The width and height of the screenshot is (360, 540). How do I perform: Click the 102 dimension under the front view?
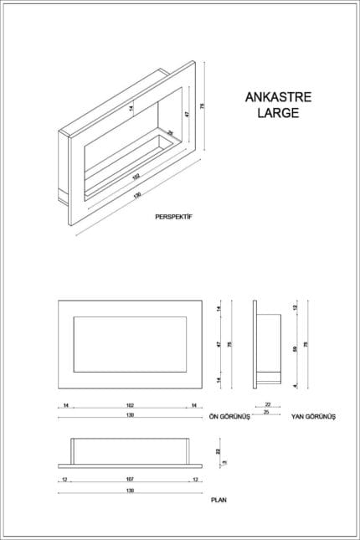128,406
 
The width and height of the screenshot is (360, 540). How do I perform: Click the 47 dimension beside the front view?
218,345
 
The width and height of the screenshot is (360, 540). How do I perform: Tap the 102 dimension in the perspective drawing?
135,177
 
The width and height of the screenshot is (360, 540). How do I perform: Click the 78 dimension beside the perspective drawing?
204,105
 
